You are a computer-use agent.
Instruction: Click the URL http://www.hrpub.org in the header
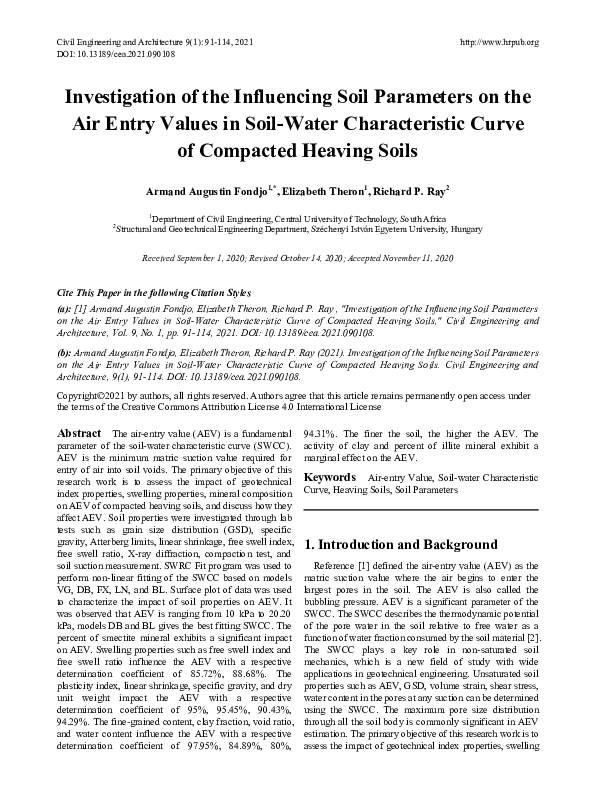(497, 41)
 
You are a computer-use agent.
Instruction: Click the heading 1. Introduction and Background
(400, 545)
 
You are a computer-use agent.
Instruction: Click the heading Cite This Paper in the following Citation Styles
(152, 290)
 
